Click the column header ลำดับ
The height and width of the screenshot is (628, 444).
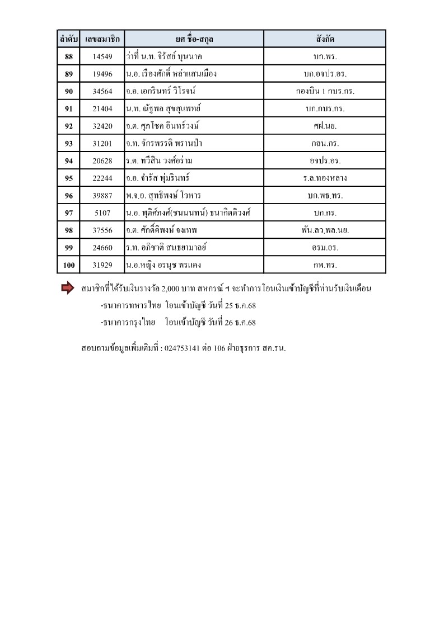[x=69, y=39]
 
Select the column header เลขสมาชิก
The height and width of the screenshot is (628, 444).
[x=102, y=39]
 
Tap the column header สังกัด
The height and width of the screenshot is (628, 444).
[x=325, y=39]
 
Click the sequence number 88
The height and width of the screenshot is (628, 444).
[x=69, y=56]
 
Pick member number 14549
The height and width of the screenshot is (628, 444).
[x=102, y=56]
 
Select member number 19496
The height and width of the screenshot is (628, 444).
[x=102, y=74]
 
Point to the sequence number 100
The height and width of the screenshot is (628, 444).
[x=69, y=265]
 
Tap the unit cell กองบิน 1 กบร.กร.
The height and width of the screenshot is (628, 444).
[x=325, y=91]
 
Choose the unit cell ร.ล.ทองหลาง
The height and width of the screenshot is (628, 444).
[x=325, y=178]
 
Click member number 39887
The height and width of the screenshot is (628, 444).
[x=102, y=196]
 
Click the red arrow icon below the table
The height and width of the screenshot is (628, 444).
[x=67, y=289]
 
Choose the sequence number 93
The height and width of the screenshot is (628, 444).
[x=69, y=144]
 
